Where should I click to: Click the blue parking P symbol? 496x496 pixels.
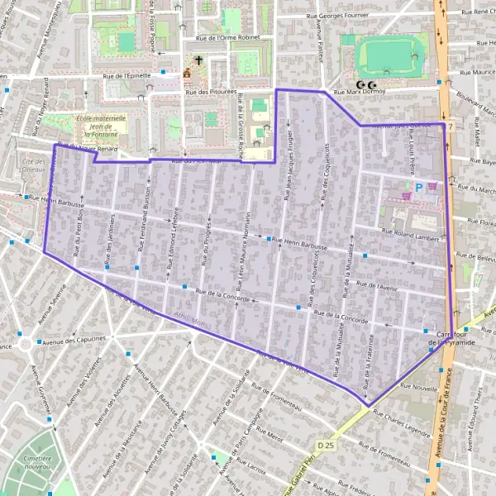pos(418,188)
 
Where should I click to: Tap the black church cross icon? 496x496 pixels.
pos(198,60)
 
